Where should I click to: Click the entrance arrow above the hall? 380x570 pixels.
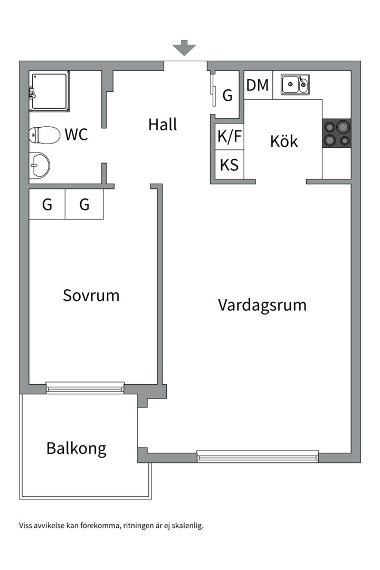pyautogui.click(x=184, y=48)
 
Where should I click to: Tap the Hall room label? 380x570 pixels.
pyautogui.click(x=163, y=125)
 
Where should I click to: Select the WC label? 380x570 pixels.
pyautogui.click(x=76, y=135)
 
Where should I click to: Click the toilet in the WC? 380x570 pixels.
pyautogui.click(x=44, y=135)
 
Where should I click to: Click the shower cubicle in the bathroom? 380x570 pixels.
pyautogui.click(x=50, y=91)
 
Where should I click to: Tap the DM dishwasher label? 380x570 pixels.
pyautogui.click(x=258, y=85)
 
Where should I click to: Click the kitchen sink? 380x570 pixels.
pyautogui.click(x=295, y=84)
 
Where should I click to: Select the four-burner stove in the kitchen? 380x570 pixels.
pyautogui.click(x=336, y=133)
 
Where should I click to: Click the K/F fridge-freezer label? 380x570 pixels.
pyautogui.click(x=230, y=137)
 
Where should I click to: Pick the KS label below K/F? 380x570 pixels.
pyautogui.click(x=229, y=165)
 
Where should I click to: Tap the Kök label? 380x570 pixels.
pyautogui.click(x=284, y=141)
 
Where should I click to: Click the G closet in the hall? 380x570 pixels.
pyautogui.click(x=227, y=96)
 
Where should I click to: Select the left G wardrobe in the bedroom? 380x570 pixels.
pyautogui.click(x=47, y=204)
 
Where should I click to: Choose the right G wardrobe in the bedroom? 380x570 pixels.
pyautogui.click(x=84, y=204)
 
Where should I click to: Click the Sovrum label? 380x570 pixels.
pyautogui.click(x=91, y=295)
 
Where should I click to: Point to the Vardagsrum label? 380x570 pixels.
pyautogui.click(x=262, y=305)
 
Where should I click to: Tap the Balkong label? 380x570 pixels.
pyautogui.click(x=77, y=448)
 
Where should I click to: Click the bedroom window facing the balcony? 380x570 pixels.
pyautogui.click(x=85, y=388)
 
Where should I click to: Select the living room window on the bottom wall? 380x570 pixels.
pyautogui.click(x=258, y=457)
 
